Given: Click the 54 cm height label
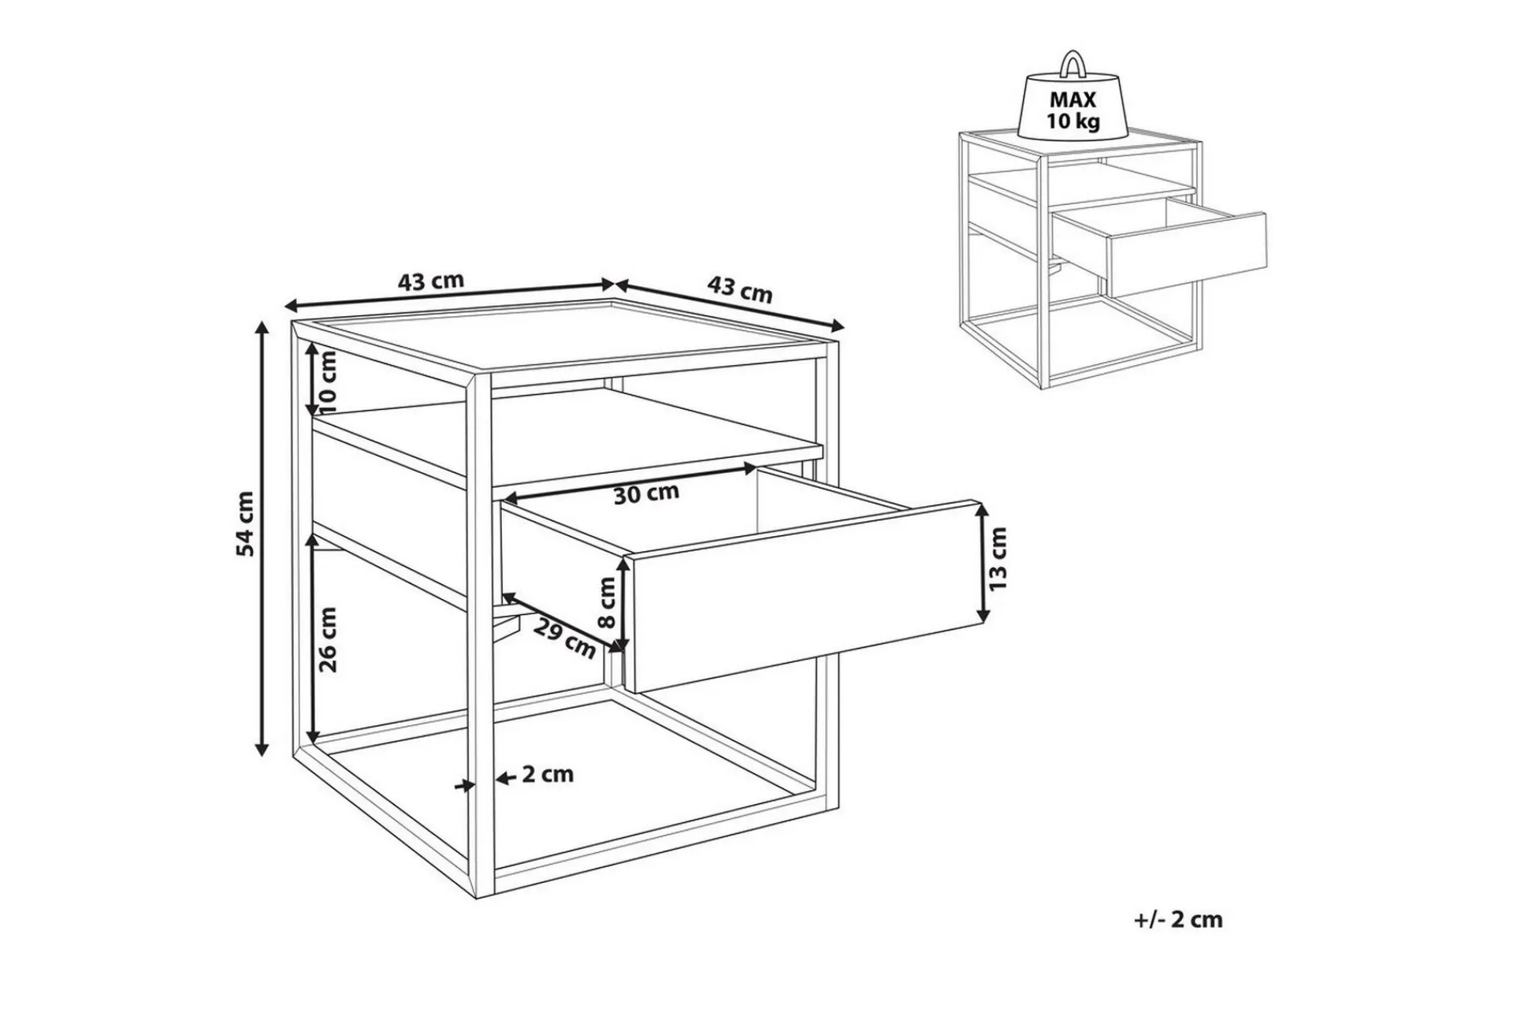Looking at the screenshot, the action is coord(247,523).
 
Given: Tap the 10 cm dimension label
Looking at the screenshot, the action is coord(328,382).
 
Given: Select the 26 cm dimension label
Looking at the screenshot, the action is coord(329,639).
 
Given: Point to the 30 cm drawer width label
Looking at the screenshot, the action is coord(646,494).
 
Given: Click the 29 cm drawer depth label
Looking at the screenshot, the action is coord(564,639).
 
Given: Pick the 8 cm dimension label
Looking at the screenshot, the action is coord(607,602).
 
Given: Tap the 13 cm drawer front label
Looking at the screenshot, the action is coord(998,560).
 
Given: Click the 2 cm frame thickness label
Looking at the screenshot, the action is coord(548,774).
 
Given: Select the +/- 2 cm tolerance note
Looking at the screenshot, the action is coord(1178,919).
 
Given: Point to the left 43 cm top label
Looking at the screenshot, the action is coord(431,281).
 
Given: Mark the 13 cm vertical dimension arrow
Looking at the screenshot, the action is coord(982,562).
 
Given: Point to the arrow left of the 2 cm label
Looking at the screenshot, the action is coord(506,777).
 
